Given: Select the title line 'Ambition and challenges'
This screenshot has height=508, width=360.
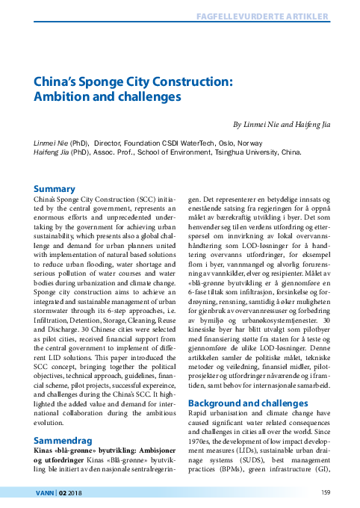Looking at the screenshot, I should [108, 97].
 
